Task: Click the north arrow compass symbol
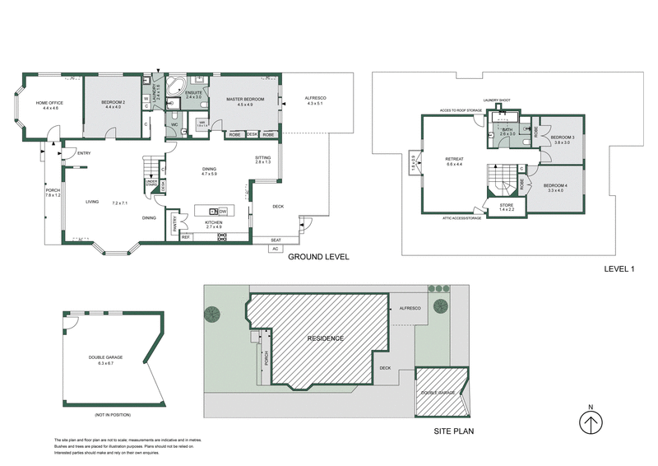(x=589, y=422)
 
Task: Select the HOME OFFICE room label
(x=49, y=104)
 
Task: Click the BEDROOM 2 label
(x=113, y=103)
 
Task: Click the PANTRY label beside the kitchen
(x=174, y=223)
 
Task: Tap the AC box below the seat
(x=276, y=248)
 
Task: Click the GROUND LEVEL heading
(x=318, y=258)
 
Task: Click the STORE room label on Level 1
(x=507, y=206)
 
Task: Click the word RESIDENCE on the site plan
(x=326, y=338)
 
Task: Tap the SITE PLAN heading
(x=452, y=431)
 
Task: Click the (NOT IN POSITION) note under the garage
(x=113, y=414)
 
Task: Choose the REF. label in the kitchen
(x=185, y=237)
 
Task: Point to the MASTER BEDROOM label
(x=246, y=100)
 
